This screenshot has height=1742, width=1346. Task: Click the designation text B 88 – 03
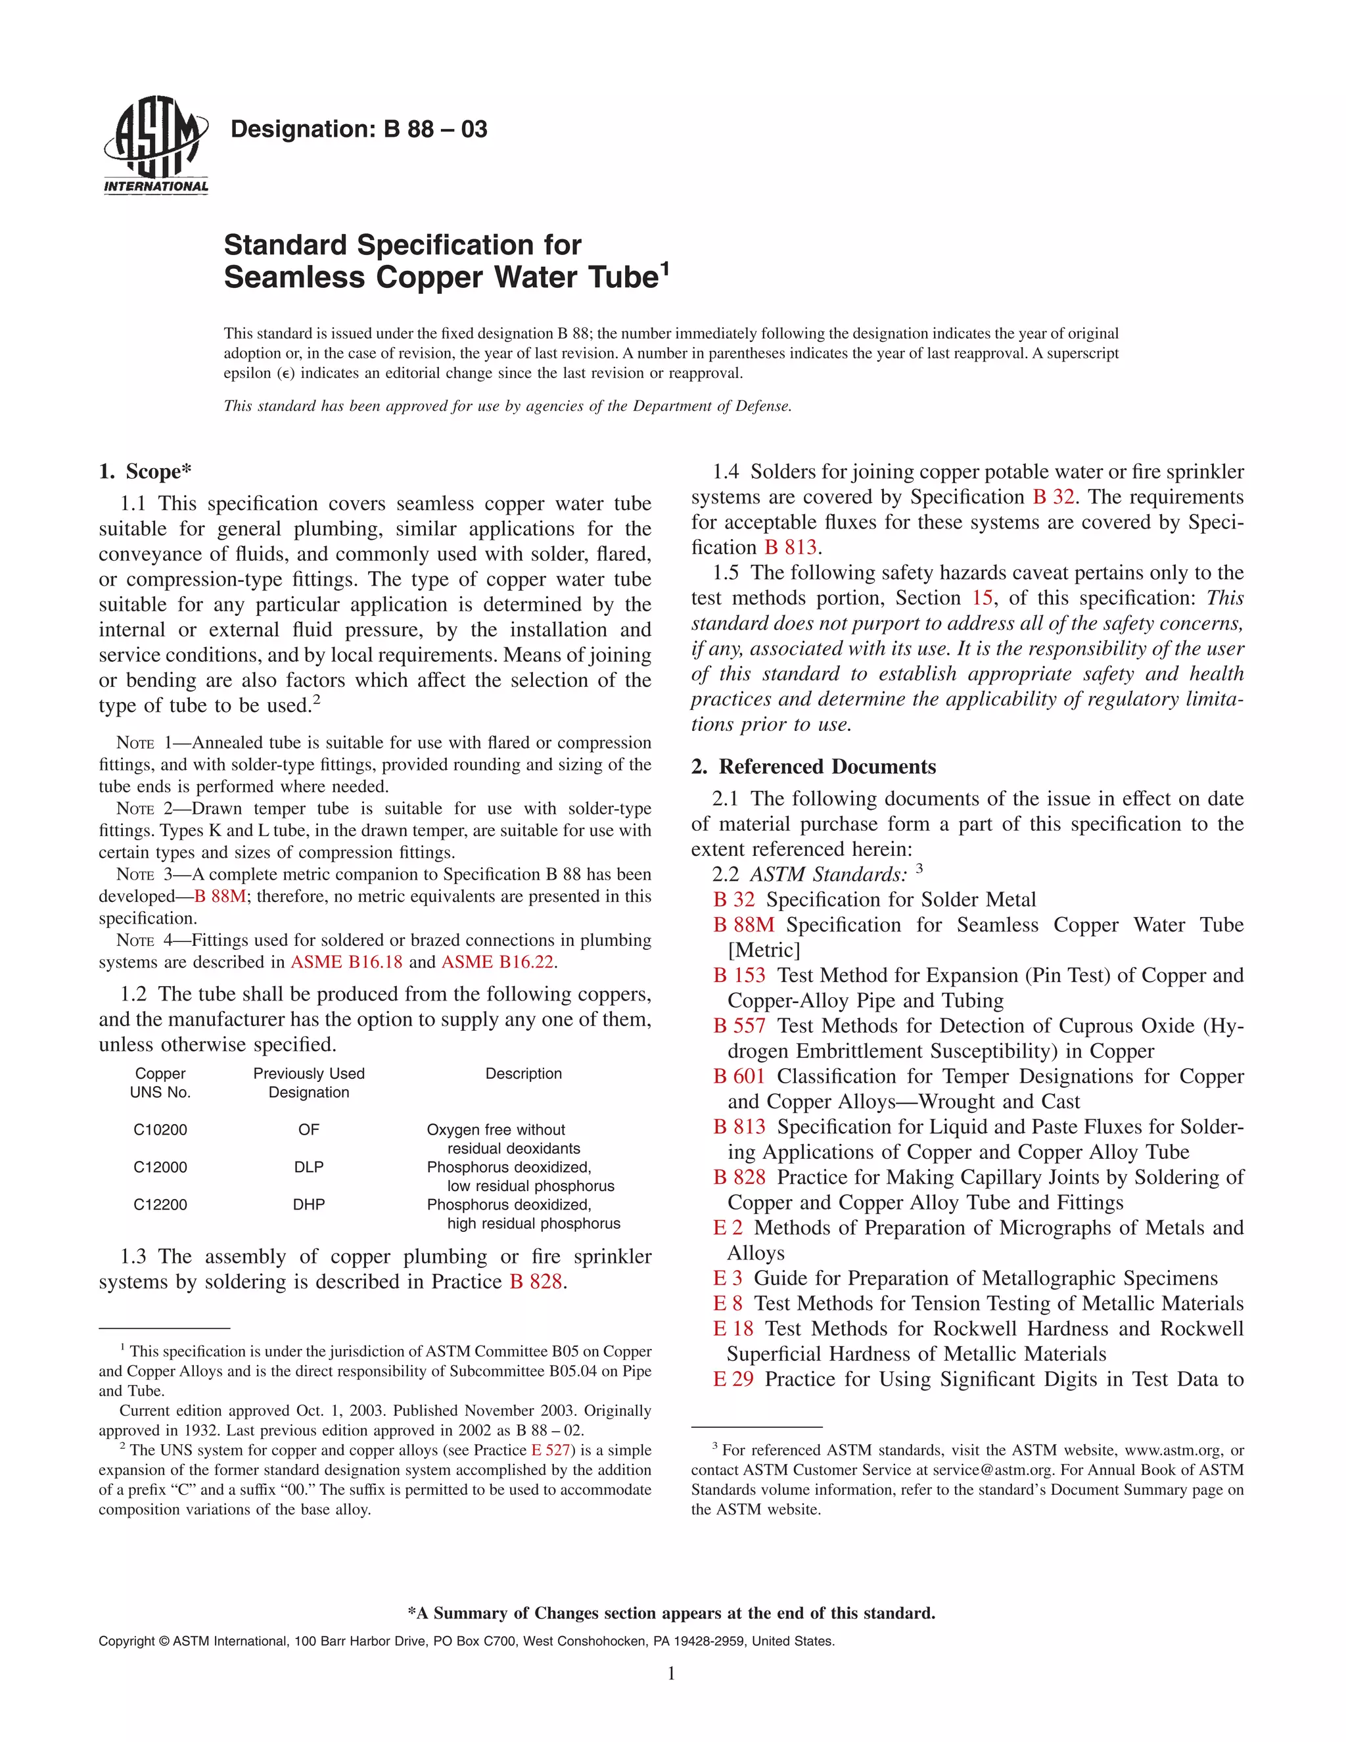(358, 129)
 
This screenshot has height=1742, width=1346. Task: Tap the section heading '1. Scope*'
(145, 471)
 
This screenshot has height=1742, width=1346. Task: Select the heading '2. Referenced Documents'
(814, 766)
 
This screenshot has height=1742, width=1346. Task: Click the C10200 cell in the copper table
(160, 1129)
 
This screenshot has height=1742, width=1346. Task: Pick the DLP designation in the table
(309, 1167)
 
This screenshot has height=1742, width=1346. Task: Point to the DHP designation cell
(309, 1204)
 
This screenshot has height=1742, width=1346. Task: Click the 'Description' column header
(523, 1073)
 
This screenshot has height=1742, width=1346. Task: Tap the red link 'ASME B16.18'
(347, 962)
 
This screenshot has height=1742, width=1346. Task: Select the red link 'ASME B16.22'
(498, 962)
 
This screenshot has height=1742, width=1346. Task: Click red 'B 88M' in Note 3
(220, 897)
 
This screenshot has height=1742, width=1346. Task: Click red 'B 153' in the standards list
(739, 976)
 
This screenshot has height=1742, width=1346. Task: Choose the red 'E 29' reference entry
(733, 1379)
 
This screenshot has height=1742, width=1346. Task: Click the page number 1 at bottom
(672, 1674)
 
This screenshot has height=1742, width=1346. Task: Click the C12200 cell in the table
(160, 1204)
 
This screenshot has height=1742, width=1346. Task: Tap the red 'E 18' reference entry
(733, 1329)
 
